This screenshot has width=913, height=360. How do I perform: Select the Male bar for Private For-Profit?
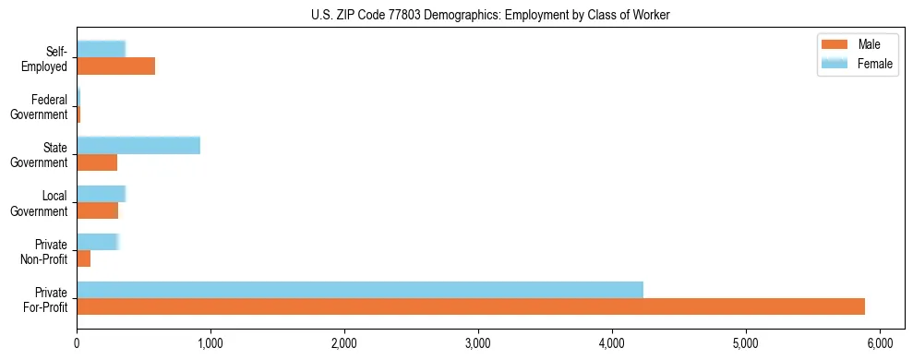coord(471,306)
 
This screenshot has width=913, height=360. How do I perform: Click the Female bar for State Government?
coord(138,145)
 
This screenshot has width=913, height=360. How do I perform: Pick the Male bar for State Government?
coord(97,162)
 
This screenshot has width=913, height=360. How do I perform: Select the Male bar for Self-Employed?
coord(115,66)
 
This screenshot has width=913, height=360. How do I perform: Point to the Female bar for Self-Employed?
coord(101,49)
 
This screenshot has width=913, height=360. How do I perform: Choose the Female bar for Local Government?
coord(101,194)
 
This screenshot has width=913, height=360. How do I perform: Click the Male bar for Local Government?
coord(97,210)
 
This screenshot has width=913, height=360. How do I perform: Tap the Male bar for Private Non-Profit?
coord(84,259)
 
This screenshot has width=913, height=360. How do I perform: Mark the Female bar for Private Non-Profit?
coord(98,242)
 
